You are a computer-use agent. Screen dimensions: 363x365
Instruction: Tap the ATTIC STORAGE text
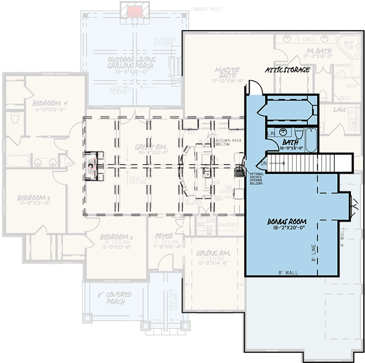coord(287,70)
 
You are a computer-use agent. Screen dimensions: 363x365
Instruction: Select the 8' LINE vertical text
coord(314,253)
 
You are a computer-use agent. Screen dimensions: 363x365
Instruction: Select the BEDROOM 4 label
coord(50,104)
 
